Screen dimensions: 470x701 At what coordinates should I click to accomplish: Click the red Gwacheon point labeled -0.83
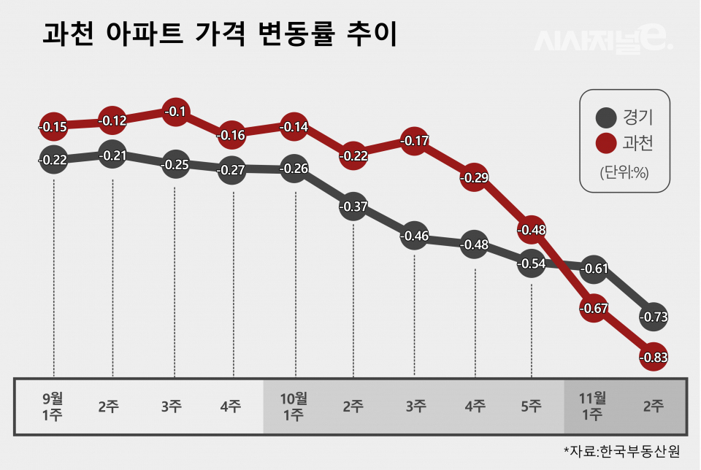(x=654, y=358)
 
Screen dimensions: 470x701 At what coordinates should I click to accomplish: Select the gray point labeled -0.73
(x=654, y=317)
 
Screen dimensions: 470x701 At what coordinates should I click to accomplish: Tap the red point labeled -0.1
(x=175, y=112)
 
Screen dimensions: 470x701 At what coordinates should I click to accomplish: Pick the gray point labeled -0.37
(x=353, y=207)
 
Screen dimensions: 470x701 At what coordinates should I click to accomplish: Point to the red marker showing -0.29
(x=474, y=177)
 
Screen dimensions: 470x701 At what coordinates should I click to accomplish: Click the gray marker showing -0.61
(x=594, y=269)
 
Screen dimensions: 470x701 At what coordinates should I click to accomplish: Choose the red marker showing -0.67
(x=594, y=308)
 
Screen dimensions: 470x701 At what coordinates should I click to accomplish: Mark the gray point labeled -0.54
(x=532, y=263)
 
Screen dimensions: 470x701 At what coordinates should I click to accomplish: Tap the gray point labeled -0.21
(x=112, y=155)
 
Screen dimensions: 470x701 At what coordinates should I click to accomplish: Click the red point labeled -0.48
(x=532, y=230)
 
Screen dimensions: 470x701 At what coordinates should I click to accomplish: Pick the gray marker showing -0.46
(x=414, y=236)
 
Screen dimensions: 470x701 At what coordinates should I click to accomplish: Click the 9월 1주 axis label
(x=53, y=407)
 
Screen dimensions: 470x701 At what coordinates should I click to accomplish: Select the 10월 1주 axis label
(x=294, y=407)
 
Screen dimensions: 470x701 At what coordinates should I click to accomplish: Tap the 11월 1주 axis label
(x=593, y=407)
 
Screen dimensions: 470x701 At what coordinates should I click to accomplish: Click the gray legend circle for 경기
(x=605, y=117)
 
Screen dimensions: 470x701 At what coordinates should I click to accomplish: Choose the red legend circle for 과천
(x=605, y=143)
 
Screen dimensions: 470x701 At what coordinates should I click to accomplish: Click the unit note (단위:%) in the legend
(x=624, y=173)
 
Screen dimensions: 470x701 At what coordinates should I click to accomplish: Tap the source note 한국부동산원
(x=621, y=451)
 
